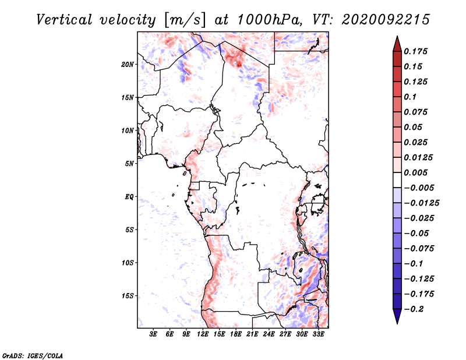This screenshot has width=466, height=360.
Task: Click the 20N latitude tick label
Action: (128, 65)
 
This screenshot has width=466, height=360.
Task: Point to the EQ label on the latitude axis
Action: (129, 197)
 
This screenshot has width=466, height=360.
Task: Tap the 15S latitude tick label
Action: (128, 296)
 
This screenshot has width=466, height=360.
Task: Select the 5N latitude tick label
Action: (129, 164)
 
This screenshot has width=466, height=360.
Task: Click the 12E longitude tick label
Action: (203, 334)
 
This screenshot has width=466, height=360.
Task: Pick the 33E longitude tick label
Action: (318, 334)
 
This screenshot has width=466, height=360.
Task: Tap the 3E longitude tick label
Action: (153, 334)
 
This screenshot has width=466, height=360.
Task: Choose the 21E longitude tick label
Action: (252, 334)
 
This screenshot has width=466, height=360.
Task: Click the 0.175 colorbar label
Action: (415, 51)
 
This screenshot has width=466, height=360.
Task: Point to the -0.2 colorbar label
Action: (414, 309)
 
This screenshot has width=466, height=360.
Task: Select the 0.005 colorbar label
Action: (415, 172)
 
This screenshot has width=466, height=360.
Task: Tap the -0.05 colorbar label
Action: (416, 234)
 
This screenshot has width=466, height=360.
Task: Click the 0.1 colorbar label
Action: (410, 97)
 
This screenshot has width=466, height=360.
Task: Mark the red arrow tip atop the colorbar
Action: (397, 36)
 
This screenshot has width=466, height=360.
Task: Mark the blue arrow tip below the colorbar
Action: (397, 323)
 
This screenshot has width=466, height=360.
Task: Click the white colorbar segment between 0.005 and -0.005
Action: (397, 180)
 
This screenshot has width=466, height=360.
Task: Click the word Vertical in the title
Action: (64, 20)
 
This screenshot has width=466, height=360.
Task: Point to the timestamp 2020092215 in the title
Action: (386, 20)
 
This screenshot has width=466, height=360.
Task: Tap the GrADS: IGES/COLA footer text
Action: (33, 356)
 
